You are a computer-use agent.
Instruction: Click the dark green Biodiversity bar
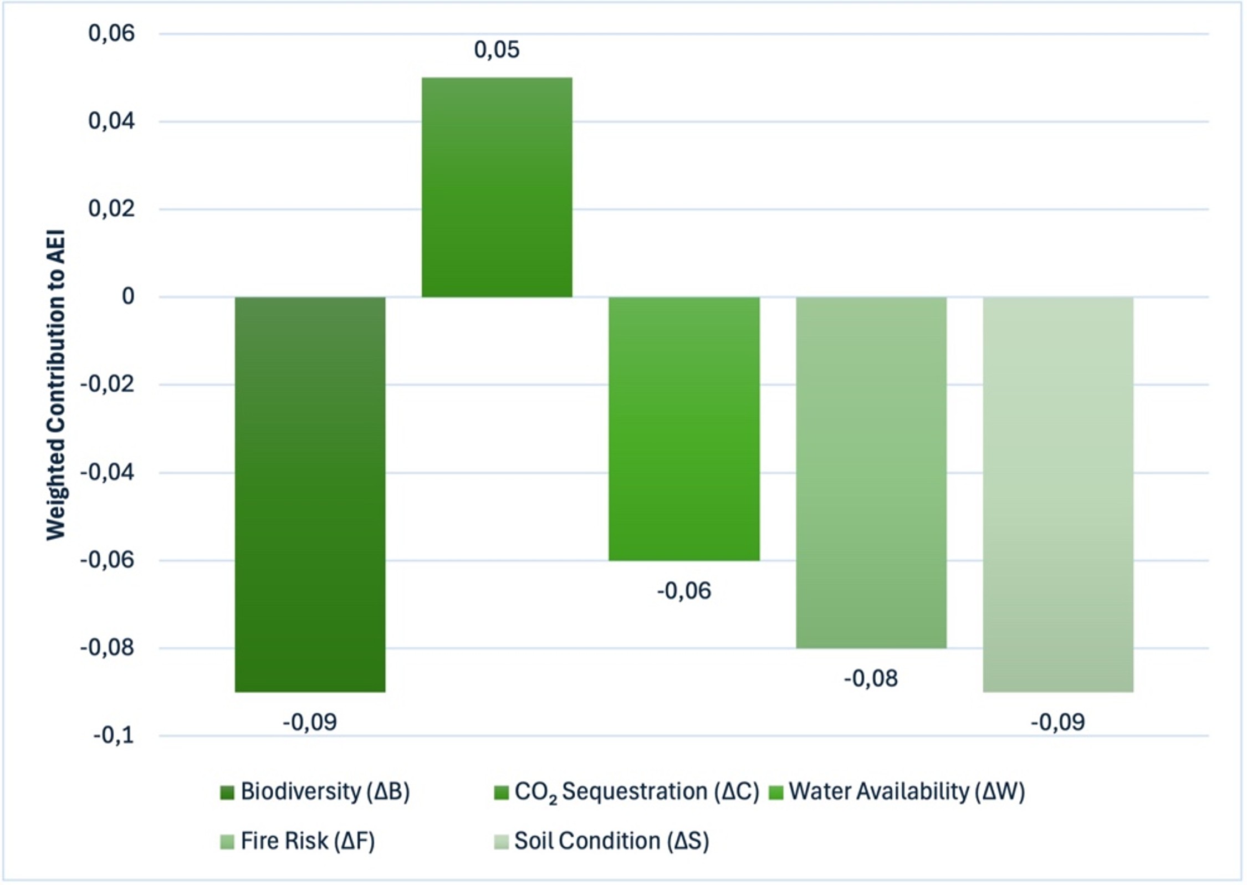(x=310, y=493)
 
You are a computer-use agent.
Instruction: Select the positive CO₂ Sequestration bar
(x=497, y=187)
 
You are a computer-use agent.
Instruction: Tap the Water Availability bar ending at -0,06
(x=684, y=428)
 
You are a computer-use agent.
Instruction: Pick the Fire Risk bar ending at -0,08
(x=871, y=472)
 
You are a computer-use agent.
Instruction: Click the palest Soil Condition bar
(x=1057, y=493)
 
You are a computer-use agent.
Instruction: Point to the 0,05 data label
(x=497, y=50)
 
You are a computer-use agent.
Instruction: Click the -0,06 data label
(x=684, y=591)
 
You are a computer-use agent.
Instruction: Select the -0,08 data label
(x=871, y=679)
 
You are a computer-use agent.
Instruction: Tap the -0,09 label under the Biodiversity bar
(x=310, y=723)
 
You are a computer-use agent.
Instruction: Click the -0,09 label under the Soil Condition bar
(x=1057, y=723)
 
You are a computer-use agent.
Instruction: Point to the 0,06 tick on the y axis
(x=111, y=33)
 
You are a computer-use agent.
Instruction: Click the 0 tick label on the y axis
(x=128, y=296)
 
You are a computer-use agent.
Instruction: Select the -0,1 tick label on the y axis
(x=114, y=736)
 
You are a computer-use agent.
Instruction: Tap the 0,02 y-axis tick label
(x=111, y=209)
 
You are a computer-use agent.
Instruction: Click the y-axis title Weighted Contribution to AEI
(x=55, y=385)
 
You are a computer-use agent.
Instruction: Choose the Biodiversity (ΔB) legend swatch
(x=227, y=792)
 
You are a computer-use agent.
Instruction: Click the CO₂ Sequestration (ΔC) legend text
(x=636, y=792)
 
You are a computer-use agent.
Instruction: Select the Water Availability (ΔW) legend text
(x=907, y=791)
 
